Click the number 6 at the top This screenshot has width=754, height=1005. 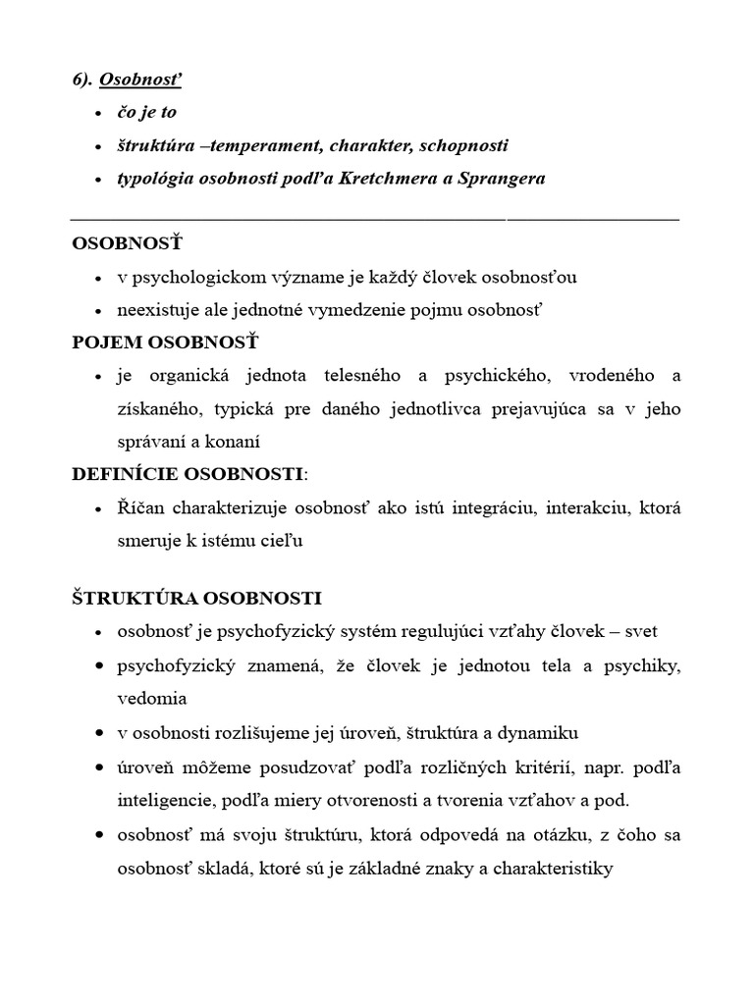pos(77,79)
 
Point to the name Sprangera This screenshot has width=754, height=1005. pos(500,179)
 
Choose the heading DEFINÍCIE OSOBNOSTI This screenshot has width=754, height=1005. pos(188,474)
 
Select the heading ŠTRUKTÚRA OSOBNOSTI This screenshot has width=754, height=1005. pos(196,598)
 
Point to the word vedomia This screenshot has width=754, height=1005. pos(151,699)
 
